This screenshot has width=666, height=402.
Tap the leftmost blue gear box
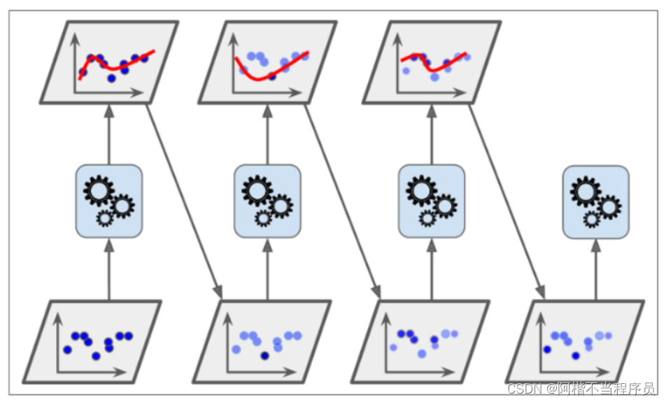point(108,200)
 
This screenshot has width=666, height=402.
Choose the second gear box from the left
point(267,200)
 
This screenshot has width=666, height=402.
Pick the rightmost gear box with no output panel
point(595,201)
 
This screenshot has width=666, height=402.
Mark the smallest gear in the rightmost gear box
point(591,220)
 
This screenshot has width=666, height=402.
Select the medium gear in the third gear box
point(445,206)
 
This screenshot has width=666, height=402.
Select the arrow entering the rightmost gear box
point(595,269)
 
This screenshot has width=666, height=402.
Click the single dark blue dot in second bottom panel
point(264,356)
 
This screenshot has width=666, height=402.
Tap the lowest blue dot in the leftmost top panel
point(111,78)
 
